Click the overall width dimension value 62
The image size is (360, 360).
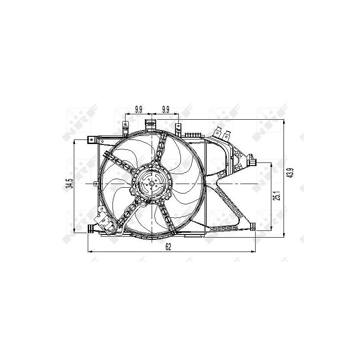(168, 246)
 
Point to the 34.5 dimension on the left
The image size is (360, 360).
(69, 185)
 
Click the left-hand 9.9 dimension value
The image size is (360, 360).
(139, 109)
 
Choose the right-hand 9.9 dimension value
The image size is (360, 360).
(166, 109)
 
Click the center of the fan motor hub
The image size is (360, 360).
(152, 184)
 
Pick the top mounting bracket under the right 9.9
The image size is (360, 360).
(179, 129)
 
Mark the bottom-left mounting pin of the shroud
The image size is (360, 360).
(91, 229)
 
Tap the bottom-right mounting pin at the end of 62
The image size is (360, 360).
(253, 227)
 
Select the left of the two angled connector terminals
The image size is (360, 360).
(219, 133)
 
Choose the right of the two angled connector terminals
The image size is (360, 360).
(228, 134)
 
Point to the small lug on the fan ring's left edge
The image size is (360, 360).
(94, 184)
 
